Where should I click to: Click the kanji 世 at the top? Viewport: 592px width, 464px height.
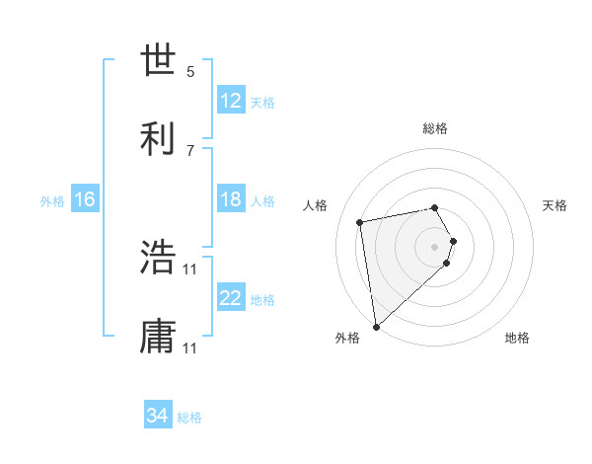coord(158,60)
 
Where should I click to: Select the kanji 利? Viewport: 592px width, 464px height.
coord(158,138)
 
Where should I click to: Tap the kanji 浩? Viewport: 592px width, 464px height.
coord(158,257)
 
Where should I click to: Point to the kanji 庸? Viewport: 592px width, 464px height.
coord(158,336)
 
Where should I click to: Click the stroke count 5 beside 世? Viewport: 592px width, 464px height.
coord(190,72)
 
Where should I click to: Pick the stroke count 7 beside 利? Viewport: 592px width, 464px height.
coord(190,150)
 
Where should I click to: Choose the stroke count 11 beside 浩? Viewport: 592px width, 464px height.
coord(190,269)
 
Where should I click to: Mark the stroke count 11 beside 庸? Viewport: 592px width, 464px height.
coord(190,348)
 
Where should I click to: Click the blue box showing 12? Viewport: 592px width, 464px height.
coord(230,101)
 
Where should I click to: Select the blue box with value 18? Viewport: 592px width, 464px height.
coord(230,199)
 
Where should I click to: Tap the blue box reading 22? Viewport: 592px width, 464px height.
coord(230,298)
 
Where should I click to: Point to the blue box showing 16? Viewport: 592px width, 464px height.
coord(84,199)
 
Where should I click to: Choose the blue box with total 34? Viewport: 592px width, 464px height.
coord(158,416)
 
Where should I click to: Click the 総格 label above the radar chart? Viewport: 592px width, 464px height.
coord(435,128)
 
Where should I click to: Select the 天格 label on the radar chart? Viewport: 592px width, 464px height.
coord(555,205)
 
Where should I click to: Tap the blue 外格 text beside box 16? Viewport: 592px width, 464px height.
coord(52,200)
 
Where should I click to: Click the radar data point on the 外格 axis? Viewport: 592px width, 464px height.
coord(375,326)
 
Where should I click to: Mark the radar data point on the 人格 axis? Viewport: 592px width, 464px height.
coord(360,221)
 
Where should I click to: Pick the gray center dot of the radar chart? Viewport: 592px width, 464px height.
coord(435,245)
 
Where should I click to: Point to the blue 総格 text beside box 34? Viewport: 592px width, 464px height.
coord(189,418)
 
